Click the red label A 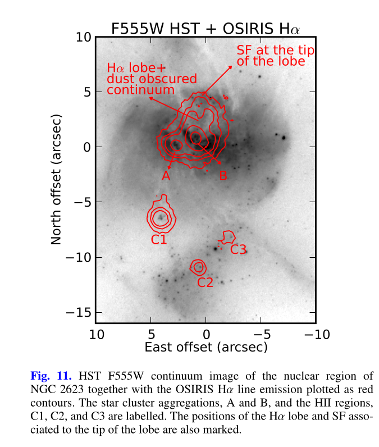(166, 176)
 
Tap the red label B (222, 176)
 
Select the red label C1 (159, 240)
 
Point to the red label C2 (205, 282)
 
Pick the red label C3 (239, 249)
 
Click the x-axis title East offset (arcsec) (206, 347)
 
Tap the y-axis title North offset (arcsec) (56, 180)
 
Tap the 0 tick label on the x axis (206, 335)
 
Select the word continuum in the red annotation (140, 90)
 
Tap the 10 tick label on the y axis (83, 37)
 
